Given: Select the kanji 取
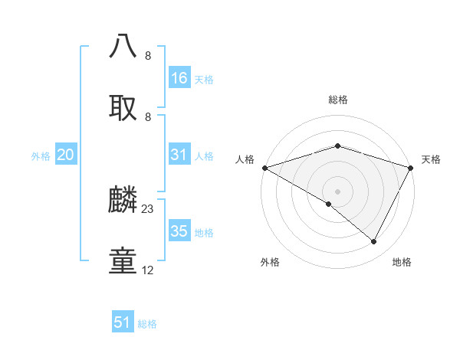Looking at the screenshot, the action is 123,106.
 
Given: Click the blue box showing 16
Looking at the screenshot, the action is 179,78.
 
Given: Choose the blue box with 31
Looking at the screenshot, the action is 179,155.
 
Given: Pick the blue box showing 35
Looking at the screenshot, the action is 179,231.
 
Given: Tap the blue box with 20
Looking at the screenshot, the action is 66,155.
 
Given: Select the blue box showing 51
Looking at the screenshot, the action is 123,322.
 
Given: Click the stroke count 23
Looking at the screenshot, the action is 148,208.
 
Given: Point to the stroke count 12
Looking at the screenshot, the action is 148,270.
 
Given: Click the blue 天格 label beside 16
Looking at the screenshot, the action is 204,79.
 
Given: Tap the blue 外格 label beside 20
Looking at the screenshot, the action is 41,155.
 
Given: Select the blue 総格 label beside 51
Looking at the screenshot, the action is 147,323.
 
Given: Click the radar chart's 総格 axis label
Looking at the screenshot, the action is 338,100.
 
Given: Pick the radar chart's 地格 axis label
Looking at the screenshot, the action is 402,263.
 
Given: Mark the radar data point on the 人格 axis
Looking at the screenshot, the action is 264,167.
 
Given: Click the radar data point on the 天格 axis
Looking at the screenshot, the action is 411,167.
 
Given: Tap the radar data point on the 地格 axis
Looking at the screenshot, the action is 374,241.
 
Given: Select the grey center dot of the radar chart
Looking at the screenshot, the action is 338,191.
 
